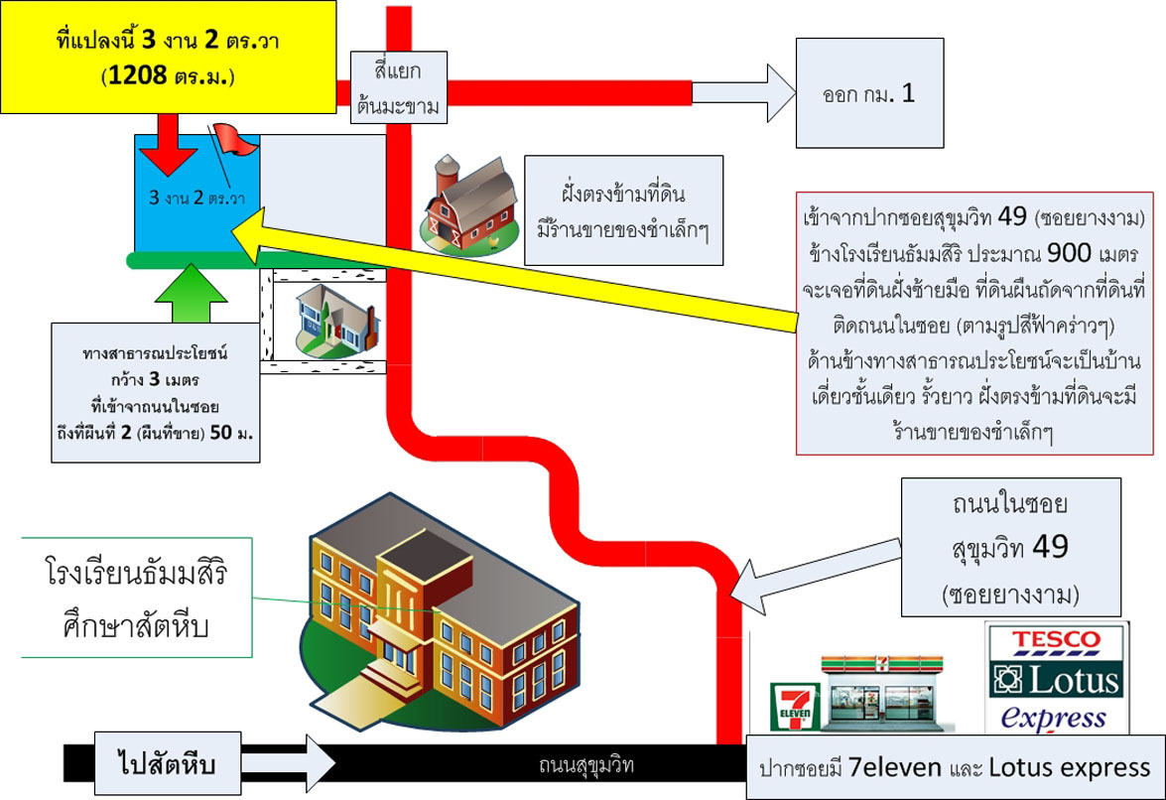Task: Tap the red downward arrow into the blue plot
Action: pyautogui.click(x=168, y=149)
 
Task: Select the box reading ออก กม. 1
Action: pyautogui.click(x=869, y=94)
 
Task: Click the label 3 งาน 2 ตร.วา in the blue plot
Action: pyautogui.click(x=196, y=197)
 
